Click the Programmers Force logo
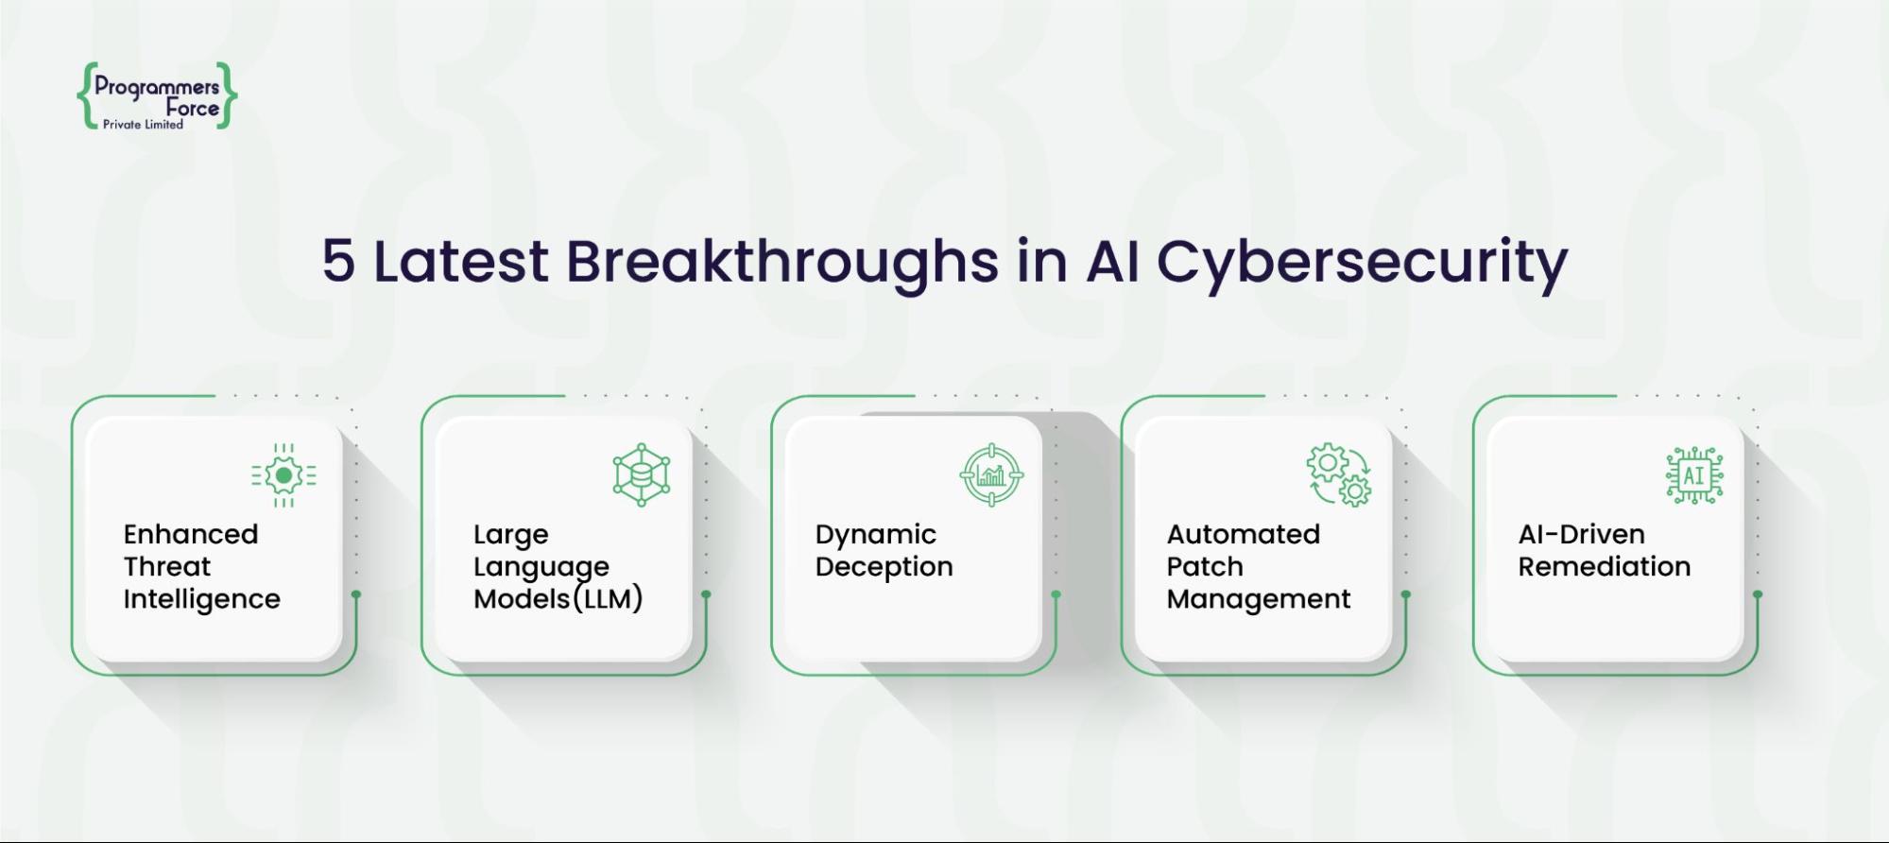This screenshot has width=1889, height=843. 157,95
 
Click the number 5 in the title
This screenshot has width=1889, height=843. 338,261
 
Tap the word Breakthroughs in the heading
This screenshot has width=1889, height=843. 781,262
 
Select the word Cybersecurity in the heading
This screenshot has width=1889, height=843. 1362,262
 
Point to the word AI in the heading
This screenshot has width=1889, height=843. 1112,261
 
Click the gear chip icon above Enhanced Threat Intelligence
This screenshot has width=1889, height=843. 283,475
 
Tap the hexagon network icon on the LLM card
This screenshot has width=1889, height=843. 642,475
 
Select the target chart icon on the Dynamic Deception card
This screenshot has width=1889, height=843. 991,475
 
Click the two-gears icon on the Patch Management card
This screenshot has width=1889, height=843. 1339,475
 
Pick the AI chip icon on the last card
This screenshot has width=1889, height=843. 1694,475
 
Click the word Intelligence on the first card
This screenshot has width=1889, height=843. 201,599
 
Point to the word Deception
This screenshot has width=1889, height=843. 884,567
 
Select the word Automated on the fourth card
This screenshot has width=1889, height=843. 1243,534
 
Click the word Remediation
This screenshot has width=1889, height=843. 1604,567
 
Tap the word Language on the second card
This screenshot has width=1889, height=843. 541,567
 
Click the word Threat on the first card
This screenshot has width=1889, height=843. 166,567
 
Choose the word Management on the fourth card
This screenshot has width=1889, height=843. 1258,599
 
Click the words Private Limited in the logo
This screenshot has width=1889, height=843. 143,125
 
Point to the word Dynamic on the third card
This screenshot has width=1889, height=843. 875,535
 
